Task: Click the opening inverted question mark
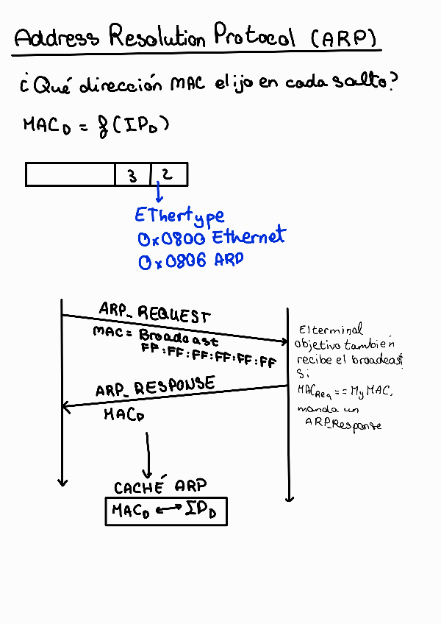coord(24,87)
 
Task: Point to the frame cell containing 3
coord(132,174)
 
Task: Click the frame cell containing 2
coord(168,174)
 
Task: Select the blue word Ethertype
coord(179,216)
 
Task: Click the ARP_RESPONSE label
coord(155,386)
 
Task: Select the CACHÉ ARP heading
coord(160,486)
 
